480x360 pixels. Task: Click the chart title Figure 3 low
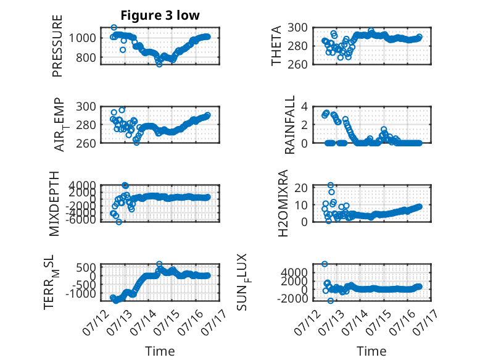160,15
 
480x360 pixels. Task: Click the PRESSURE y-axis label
57,46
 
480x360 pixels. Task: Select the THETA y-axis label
276,46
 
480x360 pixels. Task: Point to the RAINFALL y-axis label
289,125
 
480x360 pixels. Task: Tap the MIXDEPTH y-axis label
54,204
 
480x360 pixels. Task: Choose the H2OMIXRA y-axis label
283,203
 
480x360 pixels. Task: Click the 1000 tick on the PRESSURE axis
82,38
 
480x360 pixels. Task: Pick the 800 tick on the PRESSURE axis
86,57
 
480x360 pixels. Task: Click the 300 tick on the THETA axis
297,28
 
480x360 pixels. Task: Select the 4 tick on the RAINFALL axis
304,107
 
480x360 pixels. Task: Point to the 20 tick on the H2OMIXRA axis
301,188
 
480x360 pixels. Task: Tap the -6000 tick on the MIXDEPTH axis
80,219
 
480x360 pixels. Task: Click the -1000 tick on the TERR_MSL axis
80,293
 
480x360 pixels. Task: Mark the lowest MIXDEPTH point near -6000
119,222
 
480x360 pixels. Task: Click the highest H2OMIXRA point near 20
330,185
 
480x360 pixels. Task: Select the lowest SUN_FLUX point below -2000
330,301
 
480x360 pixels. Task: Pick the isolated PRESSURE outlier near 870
123,49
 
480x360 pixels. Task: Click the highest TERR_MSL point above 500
159,264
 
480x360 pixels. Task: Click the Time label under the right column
371,351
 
